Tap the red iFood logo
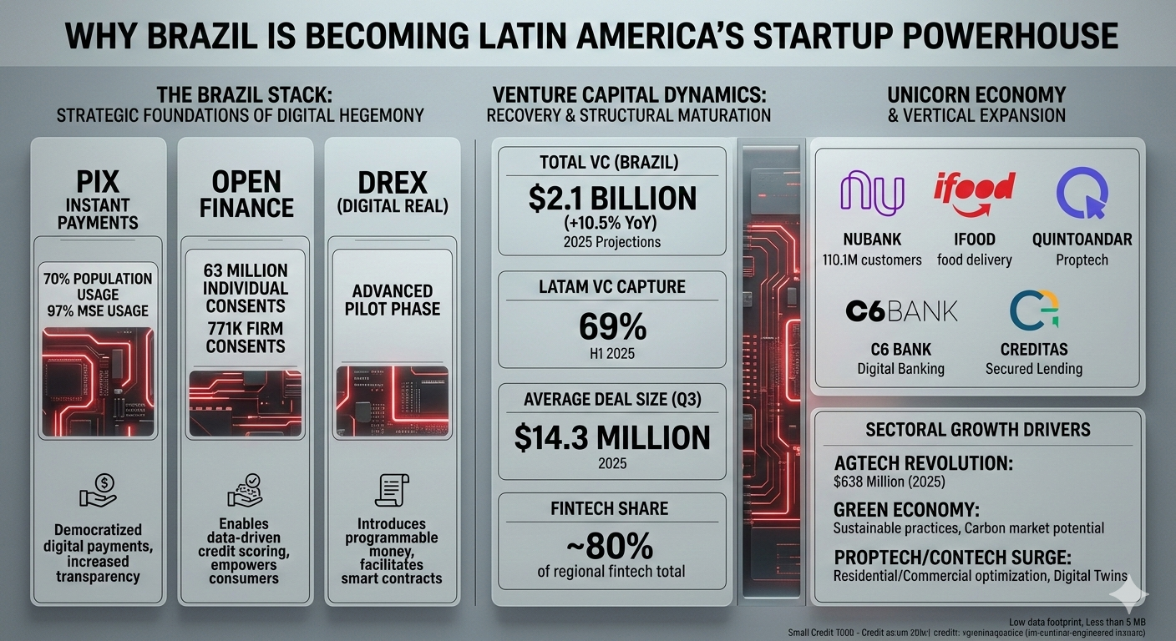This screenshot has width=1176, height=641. point(974,189)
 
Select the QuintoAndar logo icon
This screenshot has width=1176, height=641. point(1082,193)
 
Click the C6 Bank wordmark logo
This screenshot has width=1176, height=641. point(901,311)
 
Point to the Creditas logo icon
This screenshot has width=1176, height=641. point(1034,310)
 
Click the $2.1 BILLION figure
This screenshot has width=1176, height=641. point(612,199)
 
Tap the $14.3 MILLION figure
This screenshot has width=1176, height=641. point(612,437)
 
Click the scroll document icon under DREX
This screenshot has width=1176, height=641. point(392,490)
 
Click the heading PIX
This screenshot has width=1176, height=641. point(99,182)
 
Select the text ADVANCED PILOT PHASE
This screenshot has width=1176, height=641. point(392,300)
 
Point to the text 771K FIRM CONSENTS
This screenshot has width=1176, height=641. point(245,336)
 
